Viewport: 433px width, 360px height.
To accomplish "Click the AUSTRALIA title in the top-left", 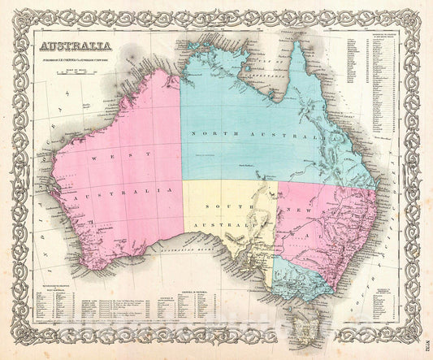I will [80, 46].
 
